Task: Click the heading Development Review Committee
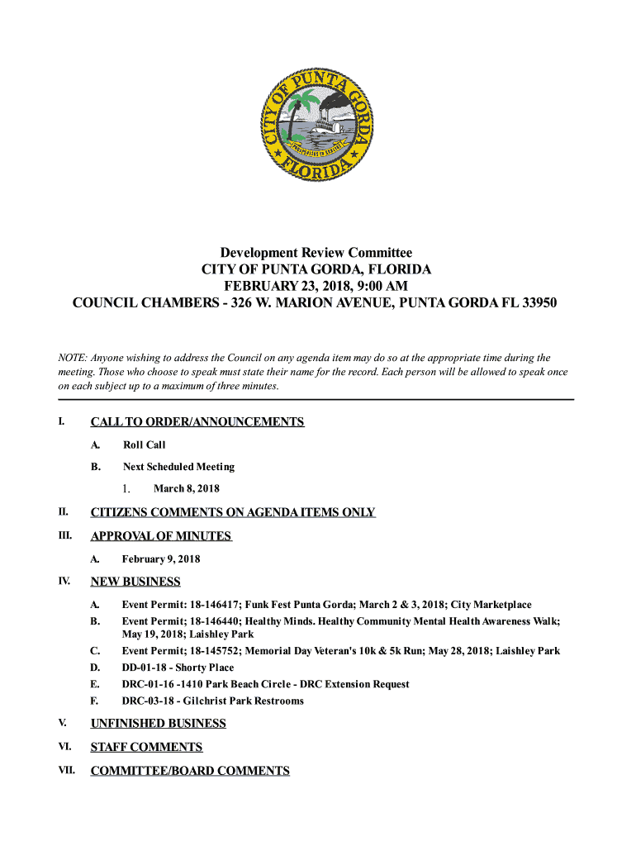[x=316, y=253]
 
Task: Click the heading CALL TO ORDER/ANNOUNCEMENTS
[x=197, y=422]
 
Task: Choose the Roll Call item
[x=145, y=445]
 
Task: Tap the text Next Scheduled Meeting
[x=178, y=467]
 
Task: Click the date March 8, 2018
[x=187, y=489]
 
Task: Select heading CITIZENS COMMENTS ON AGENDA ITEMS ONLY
[x=233, y=512]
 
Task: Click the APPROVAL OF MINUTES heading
[x=161, y=536]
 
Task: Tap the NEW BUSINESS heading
[x=135, y=582]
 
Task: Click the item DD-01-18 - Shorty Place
[x=178, y=668]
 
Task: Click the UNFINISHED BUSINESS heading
[x=158, y=724]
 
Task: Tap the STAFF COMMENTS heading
[x=146, y=748]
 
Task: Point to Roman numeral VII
[x=65, y=771]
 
